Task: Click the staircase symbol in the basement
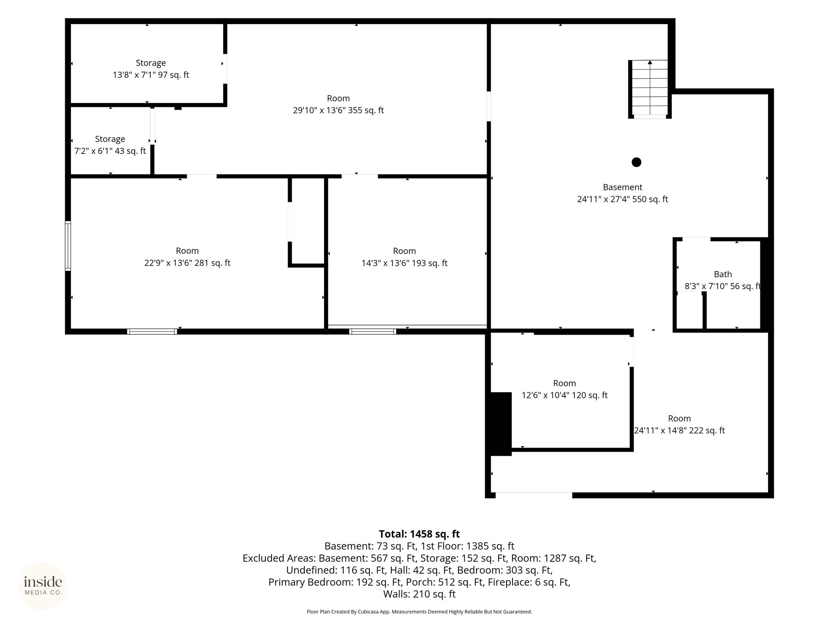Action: tap(650, 89)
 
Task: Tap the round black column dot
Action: tap(636, 162)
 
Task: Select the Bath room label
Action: tap(723, 274)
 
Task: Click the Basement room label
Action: tap(622, 187)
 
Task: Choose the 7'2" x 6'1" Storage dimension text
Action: tap(110, 151)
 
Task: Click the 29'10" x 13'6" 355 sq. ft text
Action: tap(338, 111)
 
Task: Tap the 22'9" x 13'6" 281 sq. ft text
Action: tap(187, 263)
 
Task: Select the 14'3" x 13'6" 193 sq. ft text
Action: tap(404, 263)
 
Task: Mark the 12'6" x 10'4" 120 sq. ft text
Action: tap(565, 396)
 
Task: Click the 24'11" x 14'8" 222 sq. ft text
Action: tap(680, 431)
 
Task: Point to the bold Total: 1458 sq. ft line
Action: tap(419, 534)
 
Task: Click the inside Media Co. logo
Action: tap(43, 586)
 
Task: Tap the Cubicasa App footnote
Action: tap(419, 612)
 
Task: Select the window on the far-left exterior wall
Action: tap(68, 246)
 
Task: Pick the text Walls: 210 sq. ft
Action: tap(419, 594)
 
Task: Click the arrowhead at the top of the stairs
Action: tap(650, 62)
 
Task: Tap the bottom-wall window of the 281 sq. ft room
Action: tap(152, 331)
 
